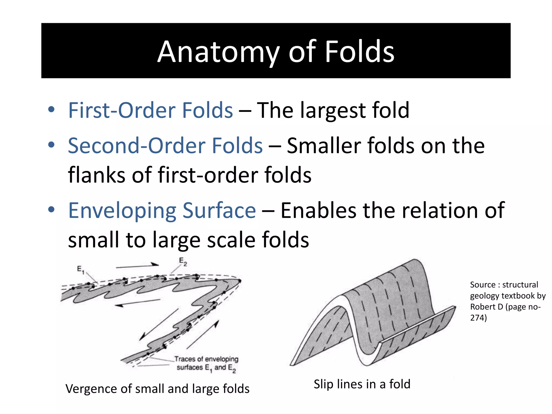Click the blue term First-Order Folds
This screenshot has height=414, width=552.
click(150, 110)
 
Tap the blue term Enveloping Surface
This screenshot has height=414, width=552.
click(162, 211)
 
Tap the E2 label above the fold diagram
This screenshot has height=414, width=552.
click(183, 261)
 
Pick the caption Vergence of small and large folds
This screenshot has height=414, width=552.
click(157, 389)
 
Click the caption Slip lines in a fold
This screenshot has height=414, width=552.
click(362, 384)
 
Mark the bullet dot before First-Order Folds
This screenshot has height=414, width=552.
click(51, 110)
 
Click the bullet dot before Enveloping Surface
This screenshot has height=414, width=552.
click(51, 210)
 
